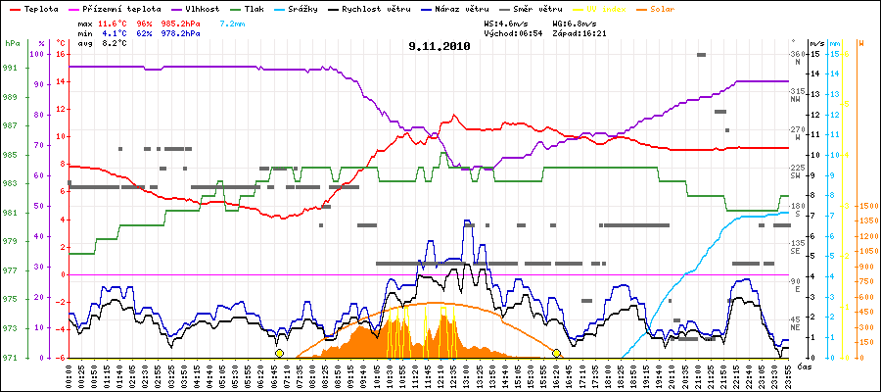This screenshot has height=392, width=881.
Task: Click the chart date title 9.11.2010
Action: coord(440,45)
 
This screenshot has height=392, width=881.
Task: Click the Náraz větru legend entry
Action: coord(461,8)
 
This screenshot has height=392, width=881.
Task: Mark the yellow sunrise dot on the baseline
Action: coord(279,353)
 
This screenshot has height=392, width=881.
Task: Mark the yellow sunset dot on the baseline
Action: coord(556,353)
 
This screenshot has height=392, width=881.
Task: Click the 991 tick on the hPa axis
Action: coord(11,68)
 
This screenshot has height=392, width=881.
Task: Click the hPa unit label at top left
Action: coord(12,44)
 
